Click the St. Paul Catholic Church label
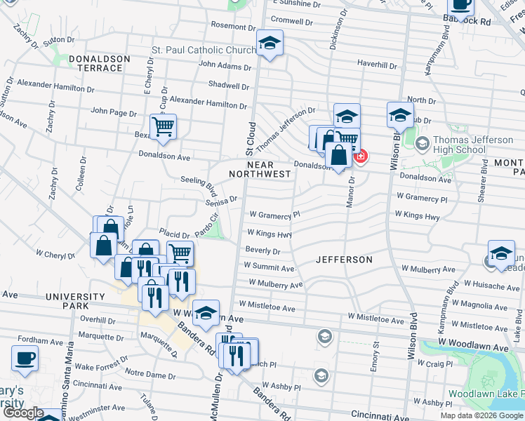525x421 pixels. [204, 51]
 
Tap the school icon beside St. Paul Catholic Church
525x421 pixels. [270, 44]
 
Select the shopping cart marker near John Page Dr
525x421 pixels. [163, 127]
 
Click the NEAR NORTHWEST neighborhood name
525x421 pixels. [259, 169]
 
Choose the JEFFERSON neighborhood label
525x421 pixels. [344, 260]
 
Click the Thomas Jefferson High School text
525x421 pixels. [474, 145]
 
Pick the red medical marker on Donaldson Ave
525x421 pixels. [360, 156]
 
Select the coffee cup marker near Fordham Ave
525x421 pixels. [25, 358]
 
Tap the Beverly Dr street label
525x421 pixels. [263, 251]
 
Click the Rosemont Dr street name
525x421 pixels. [231, 25]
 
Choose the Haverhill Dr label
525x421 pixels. [378, 63]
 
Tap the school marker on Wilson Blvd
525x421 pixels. [399, 116]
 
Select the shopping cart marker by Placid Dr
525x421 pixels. [180, 253]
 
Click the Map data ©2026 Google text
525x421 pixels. [481, 415]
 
